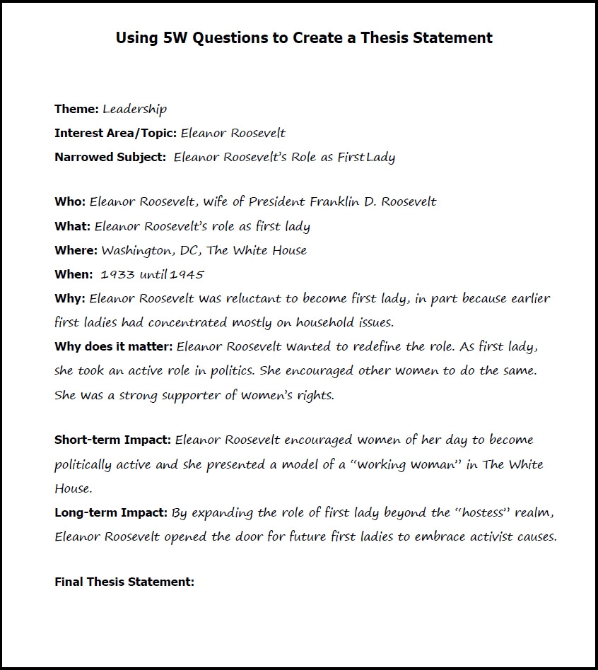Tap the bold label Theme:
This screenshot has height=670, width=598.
[x=76, y=109]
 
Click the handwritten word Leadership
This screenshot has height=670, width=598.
[x=134, y=109]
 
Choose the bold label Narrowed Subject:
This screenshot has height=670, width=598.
[x=110, y=157]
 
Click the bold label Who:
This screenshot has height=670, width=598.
[x=69, y=201]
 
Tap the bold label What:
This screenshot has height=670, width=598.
[x=72, y=226]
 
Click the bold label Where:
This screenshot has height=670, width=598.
[x=76, y=250]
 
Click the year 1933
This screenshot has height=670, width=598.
[x=117, y=274]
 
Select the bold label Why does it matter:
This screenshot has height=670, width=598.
[x=113, y=347]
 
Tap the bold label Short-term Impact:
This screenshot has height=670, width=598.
[x=112, y=440]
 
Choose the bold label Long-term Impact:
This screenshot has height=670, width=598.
[x=111, y=512]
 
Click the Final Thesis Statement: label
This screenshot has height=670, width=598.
[x=124, y=582]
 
